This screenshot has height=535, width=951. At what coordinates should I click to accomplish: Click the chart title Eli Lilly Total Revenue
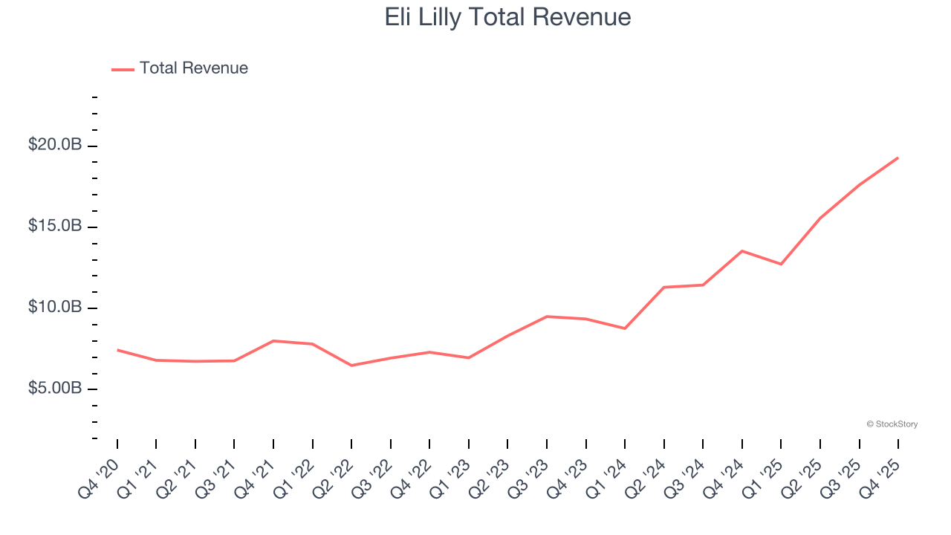click(507, 17)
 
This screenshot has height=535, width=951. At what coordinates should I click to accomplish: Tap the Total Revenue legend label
click(193, 68)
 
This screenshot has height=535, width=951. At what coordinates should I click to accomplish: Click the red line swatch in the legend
click(123, 69)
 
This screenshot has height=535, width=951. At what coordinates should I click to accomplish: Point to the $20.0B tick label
click(55, 145)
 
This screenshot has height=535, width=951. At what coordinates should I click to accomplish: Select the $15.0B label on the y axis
click(55, 226)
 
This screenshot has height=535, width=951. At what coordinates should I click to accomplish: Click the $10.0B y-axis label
click(55, 307)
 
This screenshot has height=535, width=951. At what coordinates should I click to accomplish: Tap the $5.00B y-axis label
click(55, 389)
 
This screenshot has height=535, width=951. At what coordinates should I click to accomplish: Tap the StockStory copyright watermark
click(892, 424)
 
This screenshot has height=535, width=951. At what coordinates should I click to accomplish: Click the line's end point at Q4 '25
click(898, 158)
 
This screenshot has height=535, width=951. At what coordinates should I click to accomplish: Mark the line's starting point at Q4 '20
click(117, 350)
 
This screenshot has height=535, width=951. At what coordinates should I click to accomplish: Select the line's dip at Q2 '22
click(351, 366)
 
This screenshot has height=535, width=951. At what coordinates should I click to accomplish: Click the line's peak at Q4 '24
click(741, 251)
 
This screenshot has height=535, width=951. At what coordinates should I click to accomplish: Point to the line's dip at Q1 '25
click(781, 264)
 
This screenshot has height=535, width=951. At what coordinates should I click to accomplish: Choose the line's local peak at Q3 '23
click(547, 317)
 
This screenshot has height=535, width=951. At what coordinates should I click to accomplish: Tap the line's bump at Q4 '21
click(273, 341)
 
